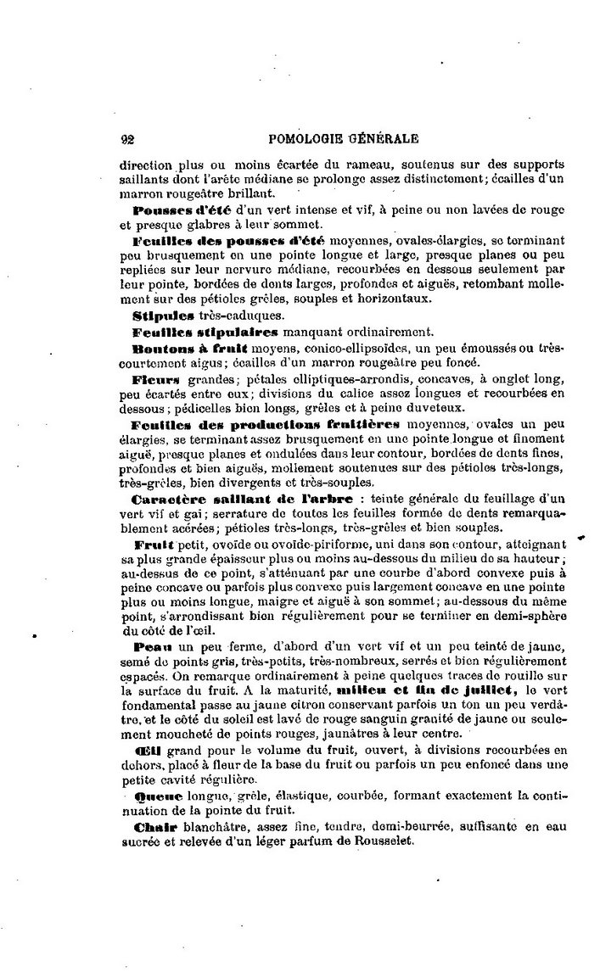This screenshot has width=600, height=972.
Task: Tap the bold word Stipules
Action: coord(160,313)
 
